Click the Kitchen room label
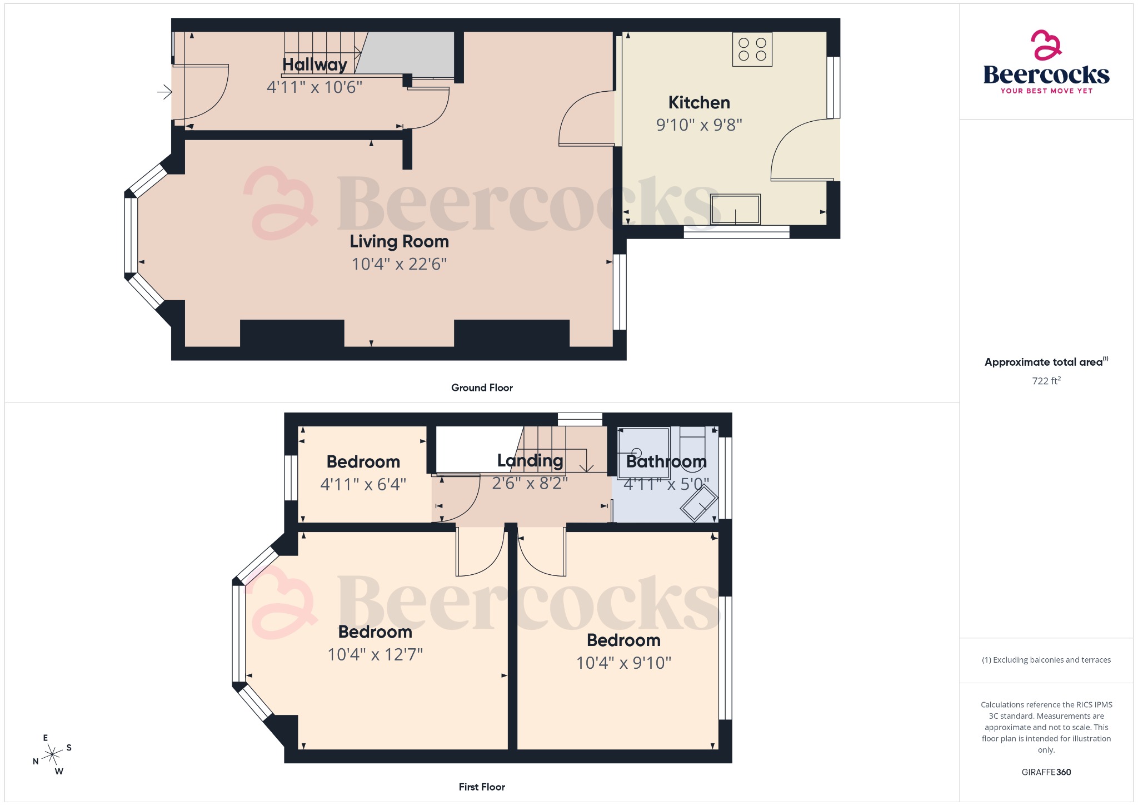click(x=699, y=103)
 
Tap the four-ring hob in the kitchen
click(x=752, y=49)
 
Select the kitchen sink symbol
click(x=735, y=209)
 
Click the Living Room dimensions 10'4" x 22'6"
click(x=399, y=264)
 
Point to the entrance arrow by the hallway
click(x=164, y=92)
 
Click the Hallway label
click(x=315, y=64)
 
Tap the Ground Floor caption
click(x=482, y=387)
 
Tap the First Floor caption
click(x=482, y=787)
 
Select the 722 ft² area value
click(x=1046, y=381)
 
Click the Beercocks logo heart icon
click(x=1046, y=45)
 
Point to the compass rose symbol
click(x=52, y=754)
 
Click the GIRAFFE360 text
click(x=1046, y=772)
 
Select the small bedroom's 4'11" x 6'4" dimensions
click(x=363, y=484)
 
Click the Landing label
click(x=530, y=460)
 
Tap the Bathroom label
click(x=666, y=461)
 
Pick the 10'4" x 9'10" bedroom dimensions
click(x=623, y=663)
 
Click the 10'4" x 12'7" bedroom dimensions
click(x=375, y=654)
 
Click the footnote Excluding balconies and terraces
click(x=1046, y=660)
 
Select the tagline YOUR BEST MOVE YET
click(x=1046, y=91)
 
